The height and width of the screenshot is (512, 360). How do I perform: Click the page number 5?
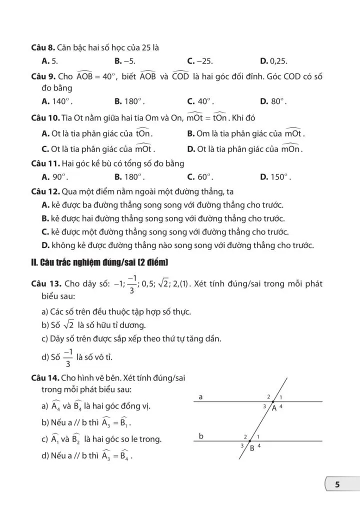point(337,484)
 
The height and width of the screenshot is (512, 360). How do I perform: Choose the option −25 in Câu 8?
point(200,61)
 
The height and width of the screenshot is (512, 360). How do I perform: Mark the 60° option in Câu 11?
point(200,176)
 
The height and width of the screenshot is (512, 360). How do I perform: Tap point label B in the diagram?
point(252,448)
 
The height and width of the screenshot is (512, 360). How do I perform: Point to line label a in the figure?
point(200,397)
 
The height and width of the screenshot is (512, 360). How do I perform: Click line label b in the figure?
point(201,436)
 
